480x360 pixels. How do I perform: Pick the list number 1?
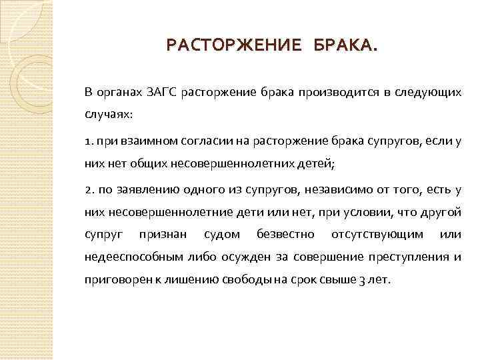[88, 141]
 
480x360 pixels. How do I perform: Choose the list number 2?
[89, 190]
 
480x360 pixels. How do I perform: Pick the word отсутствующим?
[377, 235]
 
